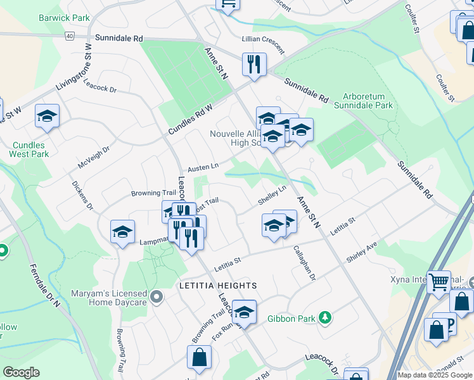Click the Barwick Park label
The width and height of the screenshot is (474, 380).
[64, 18]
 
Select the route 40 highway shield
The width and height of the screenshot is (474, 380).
[68, 36]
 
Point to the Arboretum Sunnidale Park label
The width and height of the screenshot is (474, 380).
[368, 101]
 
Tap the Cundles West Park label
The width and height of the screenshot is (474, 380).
[30, 149]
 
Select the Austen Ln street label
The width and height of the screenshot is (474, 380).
[203, 168]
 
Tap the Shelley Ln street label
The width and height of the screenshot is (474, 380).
[272, 195]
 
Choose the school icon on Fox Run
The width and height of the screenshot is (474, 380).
[244, 312]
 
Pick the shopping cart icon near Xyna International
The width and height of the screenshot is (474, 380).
[439, 281]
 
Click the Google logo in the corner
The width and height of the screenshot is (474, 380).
[21, 372]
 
